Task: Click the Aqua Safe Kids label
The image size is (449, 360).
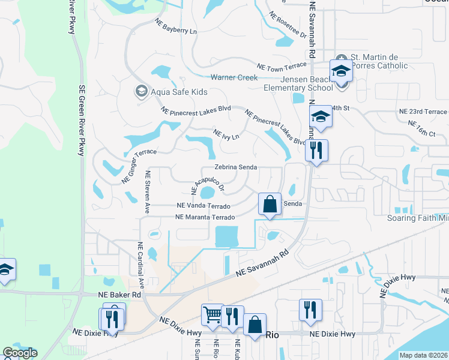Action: coord(179,92)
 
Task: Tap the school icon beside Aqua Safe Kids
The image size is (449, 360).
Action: coord(141,91)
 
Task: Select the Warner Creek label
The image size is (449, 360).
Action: coord(234,77)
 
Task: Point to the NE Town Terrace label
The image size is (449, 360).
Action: coord(282,66)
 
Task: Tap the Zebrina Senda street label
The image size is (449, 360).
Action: coord(236,167)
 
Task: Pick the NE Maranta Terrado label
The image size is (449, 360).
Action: coord(204,217)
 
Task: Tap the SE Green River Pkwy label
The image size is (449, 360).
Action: coord(82,120)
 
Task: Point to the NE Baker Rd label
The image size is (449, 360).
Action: coord(119,295)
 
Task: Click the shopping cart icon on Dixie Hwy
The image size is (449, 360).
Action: coord(213,315)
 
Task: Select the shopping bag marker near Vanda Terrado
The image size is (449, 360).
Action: coord(270,203)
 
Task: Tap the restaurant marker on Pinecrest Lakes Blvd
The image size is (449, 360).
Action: coord(316,150)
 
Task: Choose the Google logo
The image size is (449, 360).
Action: coord(19,353)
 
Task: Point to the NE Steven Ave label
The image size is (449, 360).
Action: coord(147,192)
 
